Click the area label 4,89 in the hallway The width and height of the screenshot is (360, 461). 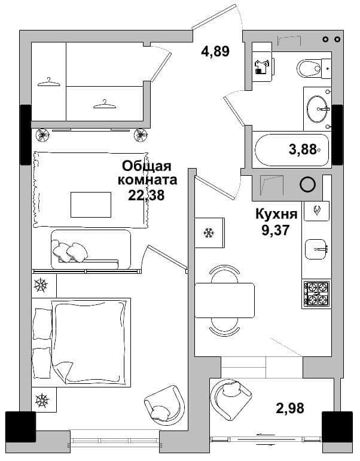(215, 51)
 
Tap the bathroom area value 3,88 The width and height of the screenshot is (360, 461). (303, 149)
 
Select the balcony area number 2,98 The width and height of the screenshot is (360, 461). (289, 408)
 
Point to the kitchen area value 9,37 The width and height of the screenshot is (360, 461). (276, 230)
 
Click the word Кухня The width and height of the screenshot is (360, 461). (276, 214)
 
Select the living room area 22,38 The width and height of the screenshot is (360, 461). (146, 195)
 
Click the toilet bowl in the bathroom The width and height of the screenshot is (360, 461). (309, 69)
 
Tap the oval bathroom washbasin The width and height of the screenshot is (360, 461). (317, 108)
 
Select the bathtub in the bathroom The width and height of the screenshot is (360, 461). (292, 150)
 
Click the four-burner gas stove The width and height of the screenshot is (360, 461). (316, 294)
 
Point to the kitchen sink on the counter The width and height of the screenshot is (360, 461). (316, 249)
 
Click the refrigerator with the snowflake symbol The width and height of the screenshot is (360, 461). (210, 233)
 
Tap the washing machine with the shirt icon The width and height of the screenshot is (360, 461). (263, 67)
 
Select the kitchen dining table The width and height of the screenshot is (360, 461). (224, 300)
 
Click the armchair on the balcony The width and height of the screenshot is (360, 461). (231, 399)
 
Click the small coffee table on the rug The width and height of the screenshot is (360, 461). (91, 204)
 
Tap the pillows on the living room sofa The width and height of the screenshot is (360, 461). (70, 252)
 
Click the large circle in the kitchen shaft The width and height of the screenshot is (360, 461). (307, 184)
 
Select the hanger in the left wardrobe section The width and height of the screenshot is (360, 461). (49, 83)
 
